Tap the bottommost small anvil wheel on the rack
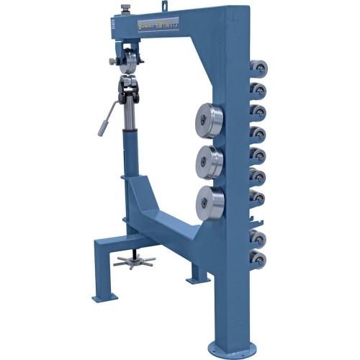258,258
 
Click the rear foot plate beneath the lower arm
197,277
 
